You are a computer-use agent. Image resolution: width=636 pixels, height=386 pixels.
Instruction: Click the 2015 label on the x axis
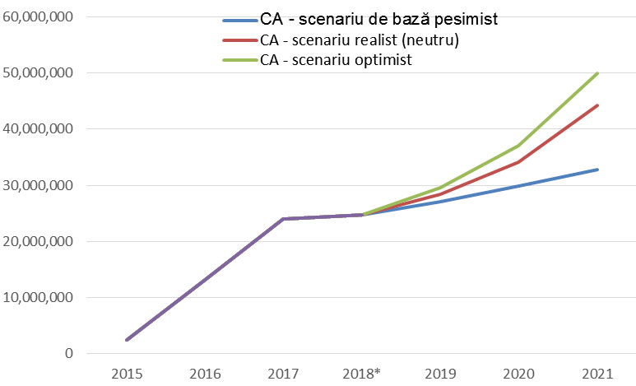127,374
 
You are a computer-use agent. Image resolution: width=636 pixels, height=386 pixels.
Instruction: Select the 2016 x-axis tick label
205,374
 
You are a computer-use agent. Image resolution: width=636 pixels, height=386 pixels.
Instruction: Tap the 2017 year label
283,374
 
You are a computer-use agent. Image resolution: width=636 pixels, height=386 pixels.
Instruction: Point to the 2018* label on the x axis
363,374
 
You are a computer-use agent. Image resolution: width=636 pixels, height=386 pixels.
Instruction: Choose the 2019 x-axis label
440,374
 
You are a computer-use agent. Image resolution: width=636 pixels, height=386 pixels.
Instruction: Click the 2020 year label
518,374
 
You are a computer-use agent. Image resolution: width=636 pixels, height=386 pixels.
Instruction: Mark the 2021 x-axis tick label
597,374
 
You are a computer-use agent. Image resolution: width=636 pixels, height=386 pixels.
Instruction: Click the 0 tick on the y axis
68,354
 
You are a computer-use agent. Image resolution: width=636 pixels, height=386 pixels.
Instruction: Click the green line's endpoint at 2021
597,73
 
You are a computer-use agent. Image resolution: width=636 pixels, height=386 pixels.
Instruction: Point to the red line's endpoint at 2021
597,105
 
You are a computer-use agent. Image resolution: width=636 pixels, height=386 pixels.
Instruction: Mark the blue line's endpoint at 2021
597,170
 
